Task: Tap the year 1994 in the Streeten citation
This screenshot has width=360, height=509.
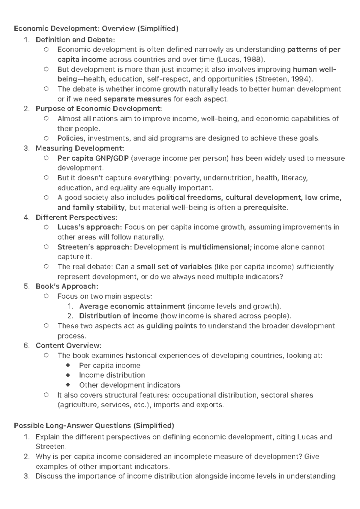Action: (x=300, y=79)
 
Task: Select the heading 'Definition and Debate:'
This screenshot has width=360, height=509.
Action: (x=75, y=40)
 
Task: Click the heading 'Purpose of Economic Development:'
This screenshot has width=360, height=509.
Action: (x=99, y=109)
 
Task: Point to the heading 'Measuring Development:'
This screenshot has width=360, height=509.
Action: (x=79, y=148)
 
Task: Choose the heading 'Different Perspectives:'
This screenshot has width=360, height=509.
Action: (x=76, y=217)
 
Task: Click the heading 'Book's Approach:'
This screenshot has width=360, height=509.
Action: (x=67, y=286)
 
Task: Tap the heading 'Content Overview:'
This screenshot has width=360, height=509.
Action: (x=68, y=345)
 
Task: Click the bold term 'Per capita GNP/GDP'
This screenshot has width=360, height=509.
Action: (x=93, y=158)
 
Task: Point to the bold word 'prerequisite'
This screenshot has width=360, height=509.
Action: (x=265, y=207)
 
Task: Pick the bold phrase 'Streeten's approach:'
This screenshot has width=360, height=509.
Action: (x=94, y=247)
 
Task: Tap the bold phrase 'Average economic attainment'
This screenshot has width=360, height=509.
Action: (x=132, y=306)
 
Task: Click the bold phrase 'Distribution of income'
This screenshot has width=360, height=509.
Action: (x=118, y=316)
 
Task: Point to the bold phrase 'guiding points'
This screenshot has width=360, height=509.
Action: (x=172, y=326)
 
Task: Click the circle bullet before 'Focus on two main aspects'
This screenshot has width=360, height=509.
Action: (x=46, y=296)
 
